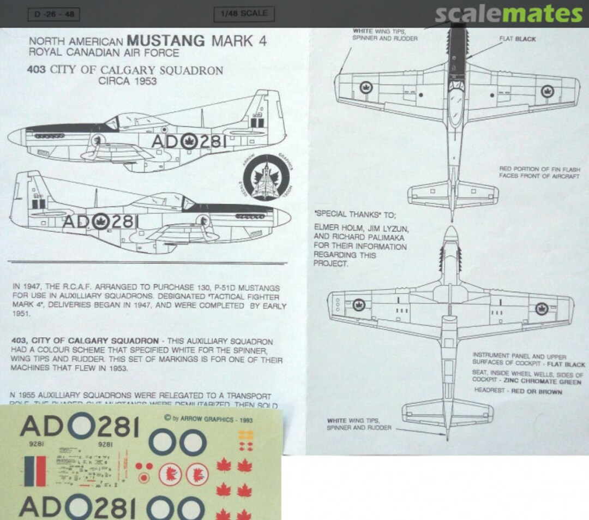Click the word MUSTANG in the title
(166, 41)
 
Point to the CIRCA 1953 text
(127, 81)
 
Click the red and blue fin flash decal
(35, 471)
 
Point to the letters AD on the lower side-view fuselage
(77, 222)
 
